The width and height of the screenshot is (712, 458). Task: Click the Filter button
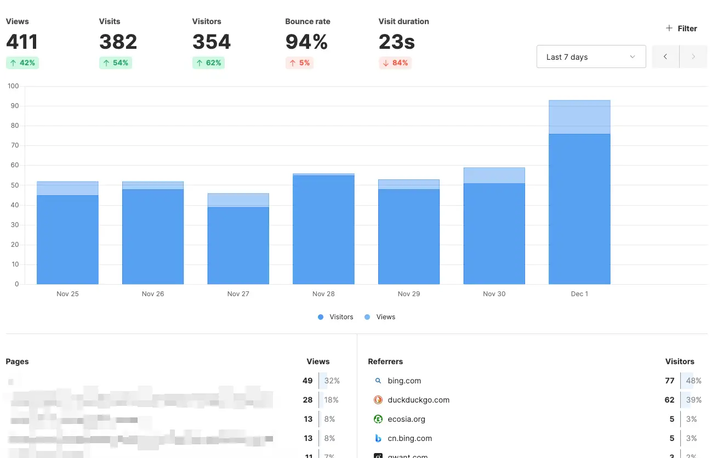click(681, 29)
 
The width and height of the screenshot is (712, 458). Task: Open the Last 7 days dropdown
click(591, 57)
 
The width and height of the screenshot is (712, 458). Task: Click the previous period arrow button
click(665, 57)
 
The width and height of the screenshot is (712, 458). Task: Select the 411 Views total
click(22, 42)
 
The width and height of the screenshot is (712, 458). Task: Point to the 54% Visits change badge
click(116, 63)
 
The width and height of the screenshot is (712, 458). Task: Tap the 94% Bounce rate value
click(306, 42)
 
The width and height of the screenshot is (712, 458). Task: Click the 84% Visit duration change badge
click(395, 63)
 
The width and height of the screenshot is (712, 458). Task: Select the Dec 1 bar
click(579, 208)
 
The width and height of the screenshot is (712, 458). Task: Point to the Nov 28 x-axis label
click(323, 294)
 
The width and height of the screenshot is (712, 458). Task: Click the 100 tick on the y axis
click(13, 86)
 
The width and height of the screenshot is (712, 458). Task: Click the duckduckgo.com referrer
click(418, 400)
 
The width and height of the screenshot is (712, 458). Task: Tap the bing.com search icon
click(378, 381)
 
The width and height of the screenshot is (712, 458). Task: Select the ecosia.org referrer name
click(406, 419)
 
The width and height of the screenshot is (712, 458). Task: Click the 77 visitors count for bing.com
click(669, 381)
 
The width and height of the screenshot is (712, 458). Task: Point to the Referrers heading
click(385, 361)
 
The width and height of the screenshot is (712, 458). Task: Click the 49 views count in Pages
click(307, 381)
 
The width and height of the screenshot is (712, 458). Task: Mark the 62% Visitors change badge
click(209, 63)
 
